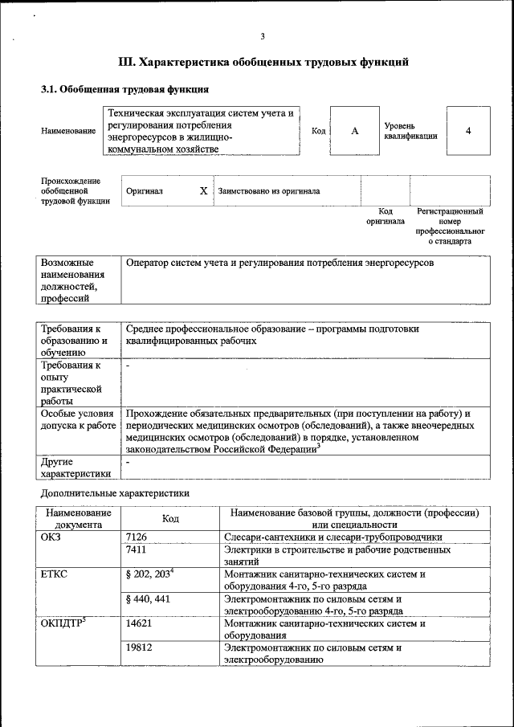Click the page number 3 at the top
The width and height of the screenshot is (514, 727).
point(263,35)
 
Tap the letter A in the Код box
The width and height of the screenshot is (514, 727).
point(354,130)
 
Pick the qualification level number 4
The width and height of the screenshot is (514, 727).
point(468,130)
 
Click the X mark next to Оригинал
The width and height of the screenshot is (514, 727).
point(203,191)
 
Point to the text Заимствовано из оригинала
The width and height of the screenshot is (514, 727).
point(268,191)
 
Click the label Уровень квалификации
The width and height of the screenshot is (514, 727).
point(410,131)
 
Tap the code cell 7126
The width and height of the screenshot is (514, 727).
point(137,537)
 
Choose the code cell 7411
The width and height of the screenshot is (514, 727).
point(137,550)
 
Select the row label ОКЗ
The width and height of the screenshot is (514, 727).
point(51,537)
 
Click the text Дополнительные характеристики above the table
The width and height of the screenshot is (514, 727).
point(115,492)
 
